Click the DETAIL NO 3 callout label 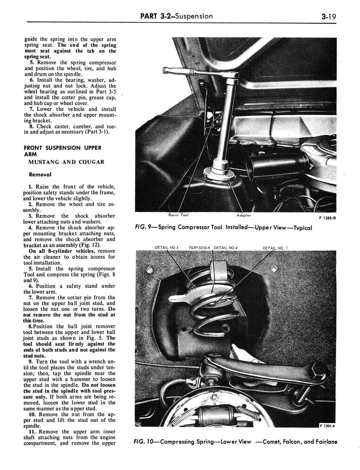pyautogui.click(x=166, y=248)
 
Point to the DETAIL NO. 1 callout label pyautogui.click(x=275, y=248)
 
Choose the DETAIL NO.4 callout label pyautogui.click(x=228, y=248)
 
